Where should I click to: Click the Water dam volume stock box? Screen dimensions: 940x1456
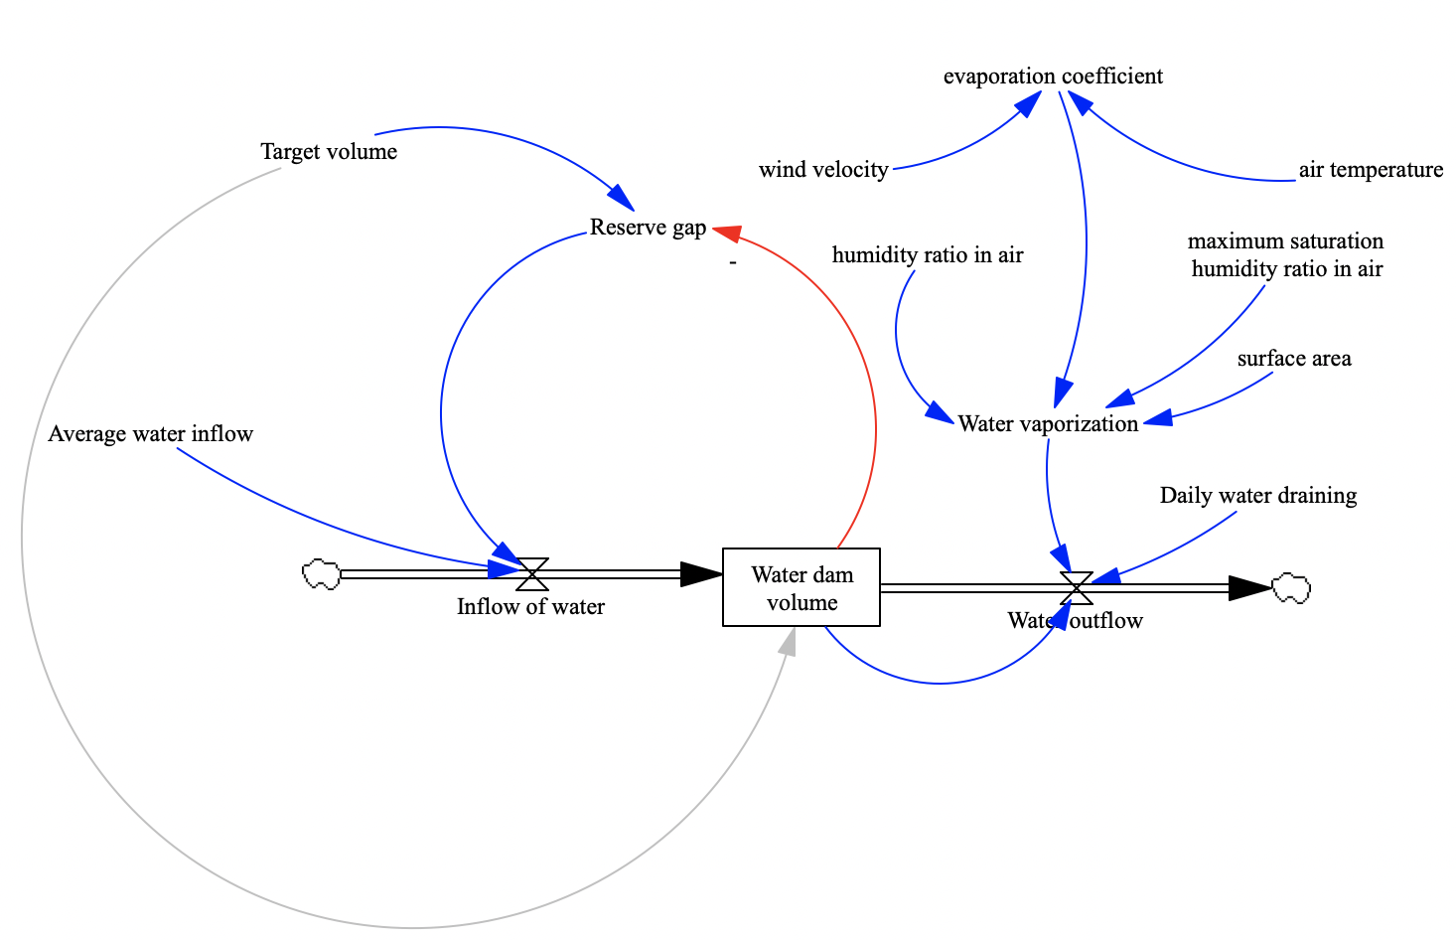point(801,587)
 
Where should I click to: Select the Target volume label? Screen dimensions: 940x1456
point(329,152)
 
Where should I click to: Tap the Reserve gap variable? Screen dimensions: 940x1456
point(648,228)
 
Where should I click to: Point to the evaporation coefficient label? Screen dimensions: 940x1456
point(1053,77)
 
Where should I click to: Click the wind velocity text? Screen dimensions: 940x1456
point(823,170)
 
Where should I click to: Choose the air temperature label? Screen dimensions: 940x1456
point(1371,170)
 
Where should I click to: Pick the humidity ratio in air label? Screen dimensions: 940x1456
point(928,255)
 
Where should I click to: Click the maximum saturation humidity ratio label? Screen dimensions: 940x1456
point(1286,255)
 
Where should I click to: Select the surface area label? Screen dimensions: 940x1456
point(1294,359)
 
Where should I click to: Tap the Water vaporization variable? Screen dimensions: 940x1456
point(1048,424)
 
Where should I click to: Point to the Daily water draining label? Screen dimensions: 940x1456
point(1257,496)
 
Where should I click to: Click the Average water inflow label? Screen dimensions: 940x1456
point(151,434)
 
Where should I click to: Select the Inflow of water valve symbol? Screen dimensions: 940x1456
point(532,573)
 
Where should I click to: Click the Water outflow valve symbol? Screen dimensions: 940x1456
point(1077,587)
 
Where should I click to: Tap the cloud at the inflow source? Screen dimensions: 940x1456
point(321,574)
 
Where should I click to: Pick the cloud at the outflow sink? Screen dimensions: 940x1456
point(1291,588)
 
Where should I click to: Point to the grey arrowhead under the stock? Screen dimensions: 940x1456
point(787,644)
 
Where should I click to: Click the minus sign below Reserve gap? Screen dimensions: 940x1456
point(732,263)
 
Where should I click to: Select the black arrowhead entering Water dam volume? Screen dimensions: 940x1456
point(701,573)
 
